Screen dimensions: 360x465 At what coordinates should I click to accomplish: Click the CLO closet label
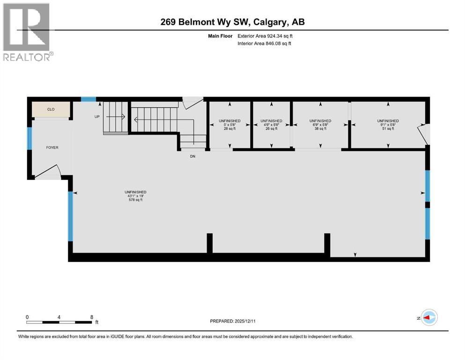pos(51,109)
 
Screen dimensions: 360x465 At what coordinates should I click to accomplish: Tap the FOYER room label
pos(52,147)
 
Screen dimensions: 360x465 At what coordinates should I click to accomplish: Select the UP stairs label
pos(97,117)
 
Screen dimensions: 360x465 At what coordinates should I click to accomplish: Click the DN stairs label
pos(192,156)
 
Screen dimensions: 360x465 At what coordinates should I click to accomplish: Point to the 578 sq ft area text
pos(135,200)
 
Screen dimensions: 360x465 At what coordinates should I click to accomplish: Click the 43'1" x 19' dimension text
pos(135,196)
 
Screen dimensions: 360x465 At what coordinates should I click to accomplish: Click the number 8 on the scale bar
pos(91,317)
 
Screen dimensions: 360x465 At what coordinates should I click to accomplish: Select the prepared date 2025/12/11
pos(233,321)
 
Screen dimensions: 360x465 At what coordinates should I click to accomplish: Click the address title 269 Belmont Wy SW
pos(233,22)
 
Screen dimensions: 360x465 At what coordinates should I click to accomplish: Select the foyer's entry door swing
pos(48,172)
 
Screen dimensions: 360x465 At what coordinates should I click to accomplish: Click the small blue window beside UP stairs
pos(88,99)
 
